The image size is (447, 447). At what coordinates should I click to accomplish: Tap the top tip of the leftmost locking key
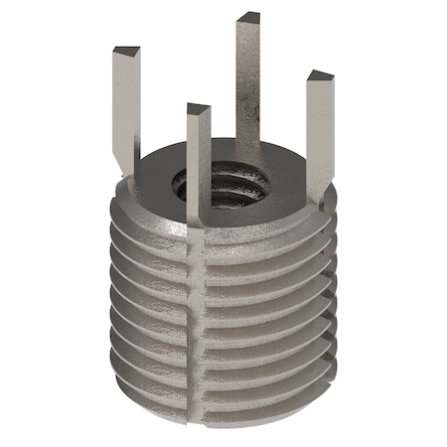coord(127,50)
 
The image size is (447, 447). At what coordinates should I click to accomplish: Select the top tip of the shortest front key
coord(198,108)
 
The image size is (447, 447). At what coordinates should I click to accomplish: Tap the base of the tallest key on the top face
coord(249,149)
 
